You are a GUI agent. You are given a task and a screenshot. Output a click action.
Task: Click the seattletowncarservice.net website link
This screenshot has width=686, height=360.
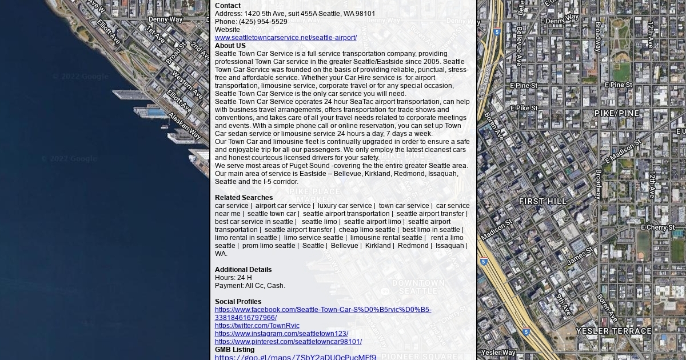pos(285,38)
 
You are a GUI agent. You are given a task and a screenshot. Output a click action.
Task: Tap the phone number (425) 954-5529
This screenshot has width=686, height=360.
pos(263,22)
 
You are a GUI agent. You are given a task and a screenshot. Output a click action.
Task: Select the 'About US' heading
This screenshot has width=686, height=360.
pos(230,46)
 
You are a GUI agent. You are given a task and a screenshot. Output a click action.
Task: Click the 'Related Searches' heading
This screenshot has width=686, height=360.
pos(244,198)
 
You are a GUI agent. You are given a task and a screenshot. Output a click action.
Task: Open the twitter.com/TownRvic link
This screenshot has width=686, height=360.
pos(257,326)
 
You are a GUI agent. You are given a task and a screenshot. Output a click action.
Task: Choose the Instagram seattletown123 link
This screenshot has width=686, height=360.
pos(281,334)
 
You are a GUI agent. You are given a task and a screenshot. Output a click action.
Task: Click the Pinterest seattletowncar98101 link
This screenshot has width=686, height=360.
pos(288,342)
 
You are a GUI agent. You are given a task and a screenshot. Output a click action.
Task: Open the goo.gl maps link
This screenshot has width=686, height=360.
pos(296,357)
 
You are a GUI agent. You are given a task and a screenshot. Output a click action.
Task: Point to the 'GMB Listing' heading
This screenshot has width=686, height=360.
pos(234,350)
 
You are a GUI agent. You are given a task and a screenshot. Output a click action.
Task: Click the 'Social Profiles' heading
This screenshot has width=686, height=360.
pos(238,302)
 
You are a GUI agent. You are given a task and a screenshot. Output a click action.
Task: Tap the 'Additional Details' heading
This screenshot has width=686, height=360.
pos(243,270)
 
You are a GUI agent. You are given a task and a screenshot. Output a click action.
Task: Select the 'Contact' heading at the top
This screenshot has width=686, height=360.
pos(228,6)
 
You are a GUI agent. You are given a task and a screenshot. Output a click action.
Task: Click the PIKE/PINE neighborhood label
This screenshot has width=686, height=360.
pos(617,113)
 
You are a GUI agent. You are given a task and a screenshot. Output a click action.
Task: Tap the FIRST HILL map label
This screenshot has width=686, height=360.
pos(543,201)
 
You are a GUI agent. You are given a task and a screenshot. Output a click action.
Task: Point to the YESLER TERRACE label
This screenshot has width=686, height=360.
pos(613,331)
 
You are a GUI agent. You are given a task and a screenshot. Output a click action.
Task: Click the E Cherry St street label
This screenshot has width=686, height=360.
pos(657,227)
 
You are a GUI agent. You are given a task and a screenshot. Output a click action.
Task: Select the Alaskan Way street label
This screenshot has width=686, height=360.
pos(184,126)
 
